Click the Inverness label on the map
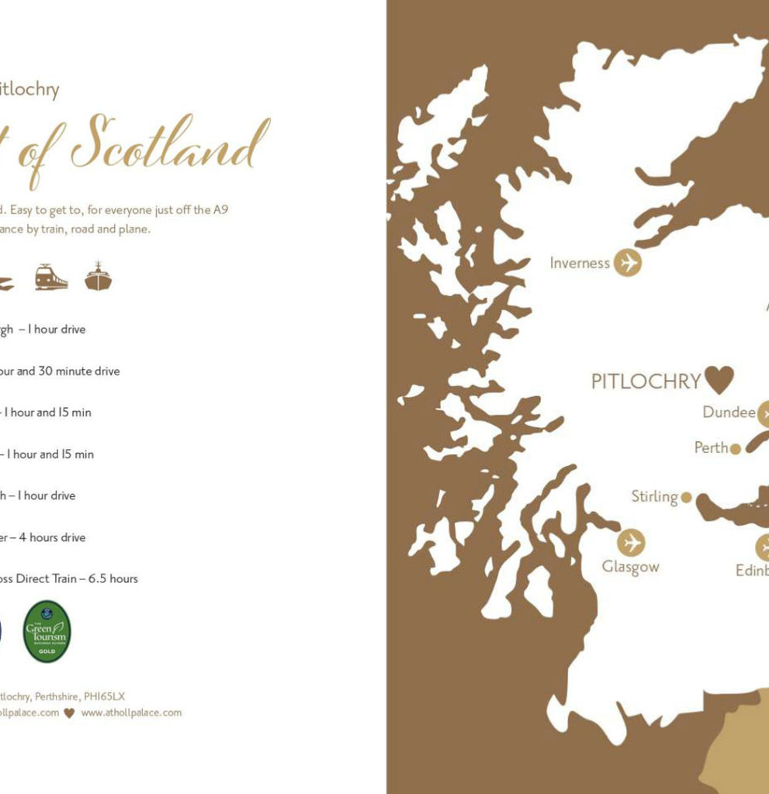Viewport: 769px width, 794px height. coord(580,263)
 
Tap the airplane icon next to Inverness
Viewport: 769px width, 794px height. coord(628,263)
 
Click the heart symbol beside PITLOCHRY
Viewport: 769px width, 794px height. coord(719,379)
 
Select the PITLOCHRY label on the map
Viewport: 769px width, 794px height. coord(646,381)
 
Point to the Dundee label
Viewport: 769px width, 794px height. coord(729,413)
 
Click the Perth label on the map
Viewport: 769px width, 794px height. coord(711,447)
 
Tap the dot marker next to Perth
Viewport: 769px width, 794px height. coord(736,448)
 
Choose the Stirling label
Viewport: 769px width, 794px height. coord(654,496)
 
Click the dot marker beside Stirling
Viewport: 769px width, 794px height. coord(686,497)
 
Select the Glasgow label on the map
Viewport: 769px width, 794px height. coord(630,567)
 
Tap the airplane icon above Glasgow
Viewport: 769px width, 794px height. coord(632,542)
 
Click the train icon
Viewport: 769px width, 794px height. coord(51,277)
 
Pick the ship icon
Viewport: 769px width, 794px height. coord(98,276)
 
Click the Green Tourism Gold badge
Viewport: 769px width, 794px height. coord(47,631)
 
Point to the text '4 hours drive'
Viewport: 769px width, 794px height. coord(52,537)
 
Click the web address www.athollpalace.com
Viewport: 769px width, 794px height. coord(131,713)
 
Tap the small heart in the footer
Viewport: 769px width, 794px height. coord(69,713)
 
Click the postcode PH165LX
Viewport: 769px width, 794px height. coord(103,696)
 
